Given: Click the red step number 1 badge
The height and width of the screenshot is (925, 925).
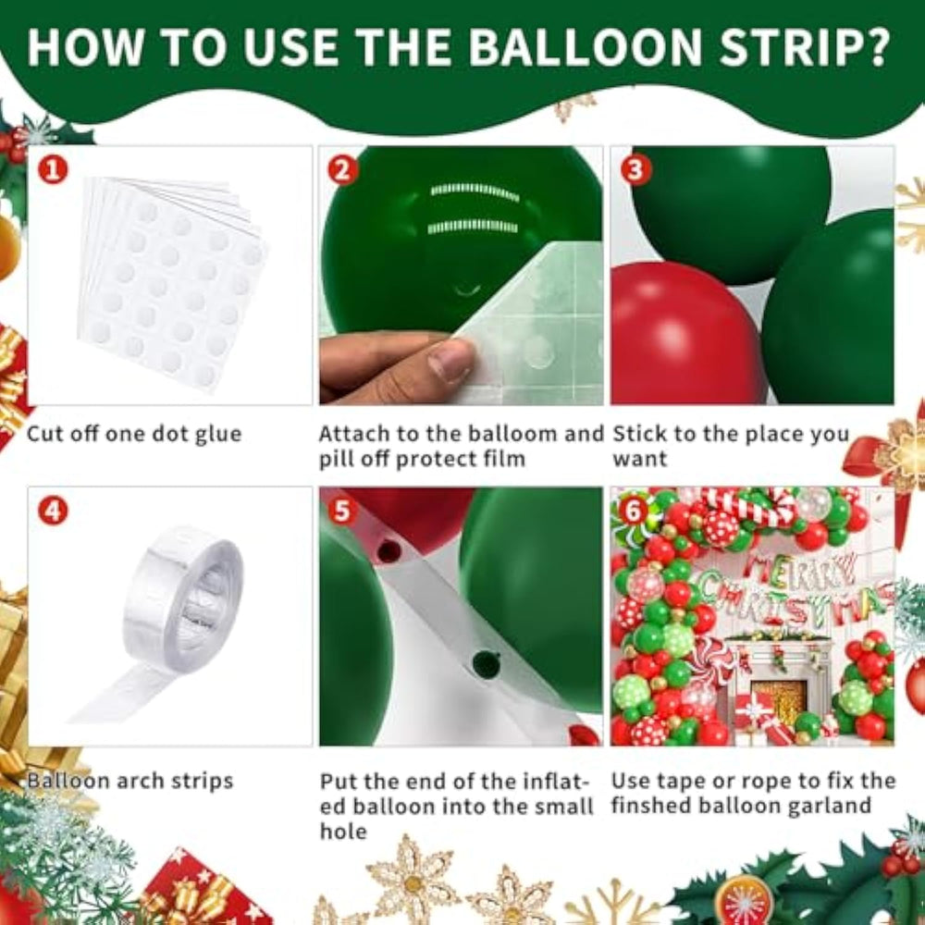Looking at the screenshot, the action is [53, 170].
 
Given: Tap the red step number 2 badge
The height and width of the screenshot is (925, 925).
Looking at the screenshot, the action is [343, 170].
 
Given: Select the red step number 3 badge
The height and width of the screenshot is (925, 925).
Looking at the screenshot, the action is [635, 170].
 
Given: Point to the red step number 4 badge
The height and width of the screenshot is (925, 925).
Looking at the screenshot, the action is [53, 511].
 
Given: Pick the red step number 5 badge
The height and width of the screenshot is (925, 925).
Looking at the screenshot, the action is [343, 511].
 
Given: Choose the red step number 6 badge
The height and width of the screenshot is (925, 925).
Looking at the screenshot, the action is [633, 511].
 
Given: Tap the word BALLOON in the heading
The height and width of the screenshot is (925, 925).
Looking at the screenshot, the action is [586, 46].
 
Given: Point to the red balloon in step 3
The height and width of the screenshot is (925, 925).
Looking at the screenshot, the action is [685, 335].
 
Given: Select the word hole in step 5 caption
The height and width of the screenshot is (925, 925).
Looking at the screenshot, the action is [343, 832].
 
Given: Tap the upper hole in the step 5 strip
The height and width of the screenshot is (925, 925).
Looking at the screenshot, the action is [388, 551].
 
